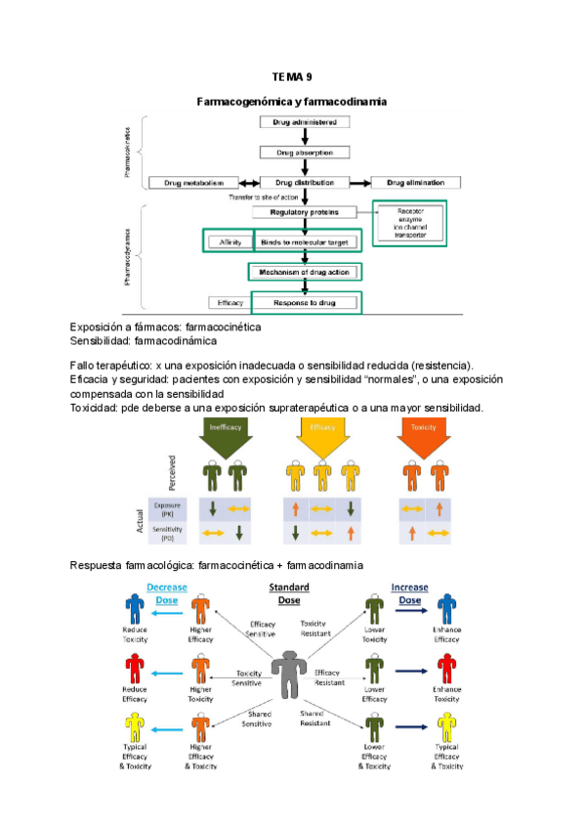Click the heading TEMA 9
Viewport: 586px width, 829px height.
point(292,76)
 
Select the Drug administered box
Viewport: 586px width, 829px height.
point(305,122)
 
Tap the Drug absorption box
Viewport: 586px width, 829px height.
point(305,153)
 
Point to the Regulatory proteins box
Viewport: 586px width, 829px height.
point(305,211)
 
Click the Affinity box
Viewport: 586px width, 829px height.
point(230,241)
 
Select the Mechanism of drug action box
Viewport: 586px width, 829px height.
point(305,271)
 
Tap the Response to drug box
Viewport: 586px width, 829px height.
point(305,303)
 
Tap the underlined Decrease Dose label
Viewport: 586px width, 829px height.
point(167,593)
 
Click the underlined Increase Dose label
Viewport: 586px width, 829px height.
point(409,593)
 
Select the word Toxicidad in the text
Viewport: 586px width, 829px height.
point(93,407)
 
